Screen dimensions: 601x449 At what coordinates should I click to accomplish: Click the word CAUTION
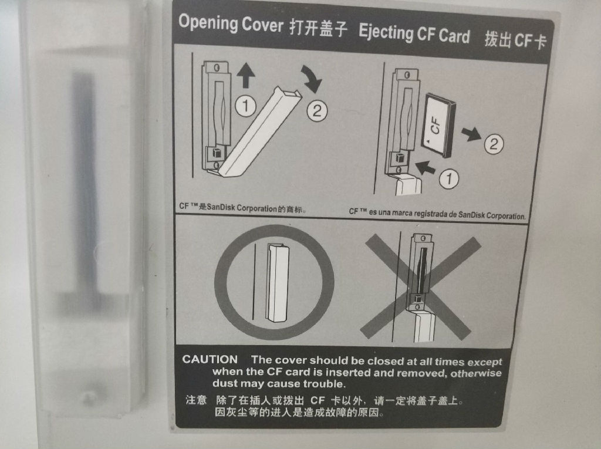click(x=210, y=359)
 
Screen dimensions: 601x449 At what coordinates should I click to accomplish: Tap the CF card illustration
click(x=439, y=126)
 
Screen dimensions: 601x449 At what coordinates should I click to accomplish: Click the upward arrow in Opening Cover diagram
click(x=246, y=76)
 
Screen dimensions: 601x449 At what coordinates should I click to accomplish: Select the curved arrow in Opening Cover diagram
click(x=312, y=79)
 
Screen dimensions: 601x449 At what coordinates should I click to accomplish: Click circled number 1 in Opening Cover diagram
click(x=246, y=106)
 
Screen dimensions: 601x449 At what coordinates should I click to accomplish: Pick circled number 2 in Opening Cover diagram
click(x=317, y=111)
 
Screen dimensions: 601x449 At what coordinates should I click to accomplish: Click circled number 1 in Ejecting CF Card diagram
click(x=449, y=178)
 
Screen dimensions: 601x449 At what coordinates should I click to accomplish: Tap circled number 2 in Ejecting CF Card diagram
click(x=494, y=144)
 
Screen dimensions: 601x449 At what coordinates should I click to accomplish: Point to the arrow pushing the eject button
click(x=426, y=167)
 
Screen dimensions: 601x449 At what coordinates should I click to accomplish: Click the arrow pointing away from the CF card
click(x=471, y=134)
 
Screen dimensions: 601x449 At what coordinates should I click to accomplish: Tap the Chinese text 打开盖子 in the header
click(x=319, y=28)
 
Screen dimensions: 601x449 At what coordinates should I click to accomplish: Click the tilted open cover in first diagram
click(x=261, y=131)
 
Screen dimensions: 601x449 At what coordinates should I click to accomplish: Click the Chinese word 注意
click(x=196, y=400)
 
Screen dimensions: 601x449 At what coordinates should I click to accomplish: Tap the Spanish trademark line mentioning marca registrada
click(x=437, y=213)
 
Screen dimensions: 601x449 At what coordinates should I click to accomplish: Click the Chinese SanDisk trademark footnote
click(x=242, y=208)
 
